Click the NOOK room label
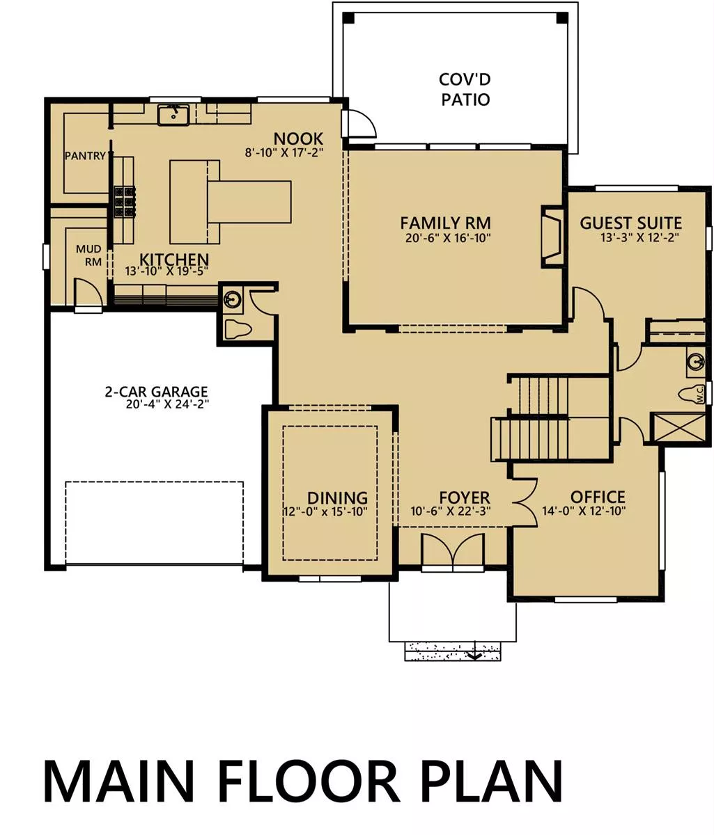coord(298,139)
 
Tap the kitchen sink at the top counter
coord(173,115)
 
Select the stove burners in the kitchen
coord(125,201)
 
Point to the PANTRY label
coord(85,156)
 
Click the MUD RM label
coord(89,255)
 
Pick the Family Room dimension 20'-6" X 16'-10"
coord(448,238)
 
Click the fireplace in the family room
coord(552,237)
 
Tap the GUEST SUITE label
coord(630,223)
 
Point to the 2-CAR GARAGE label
coord(157,392)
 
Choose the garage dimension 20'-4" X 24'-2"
coord(167,404)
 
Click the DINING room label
coord(338,498)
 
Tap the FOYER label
coord(465,498)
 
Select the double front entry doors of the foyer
coord(453,552)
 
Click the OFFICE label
coord(598,497)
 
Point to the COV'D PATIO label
coord(465,89)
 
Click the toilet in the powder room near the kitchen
coord(238,329)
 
